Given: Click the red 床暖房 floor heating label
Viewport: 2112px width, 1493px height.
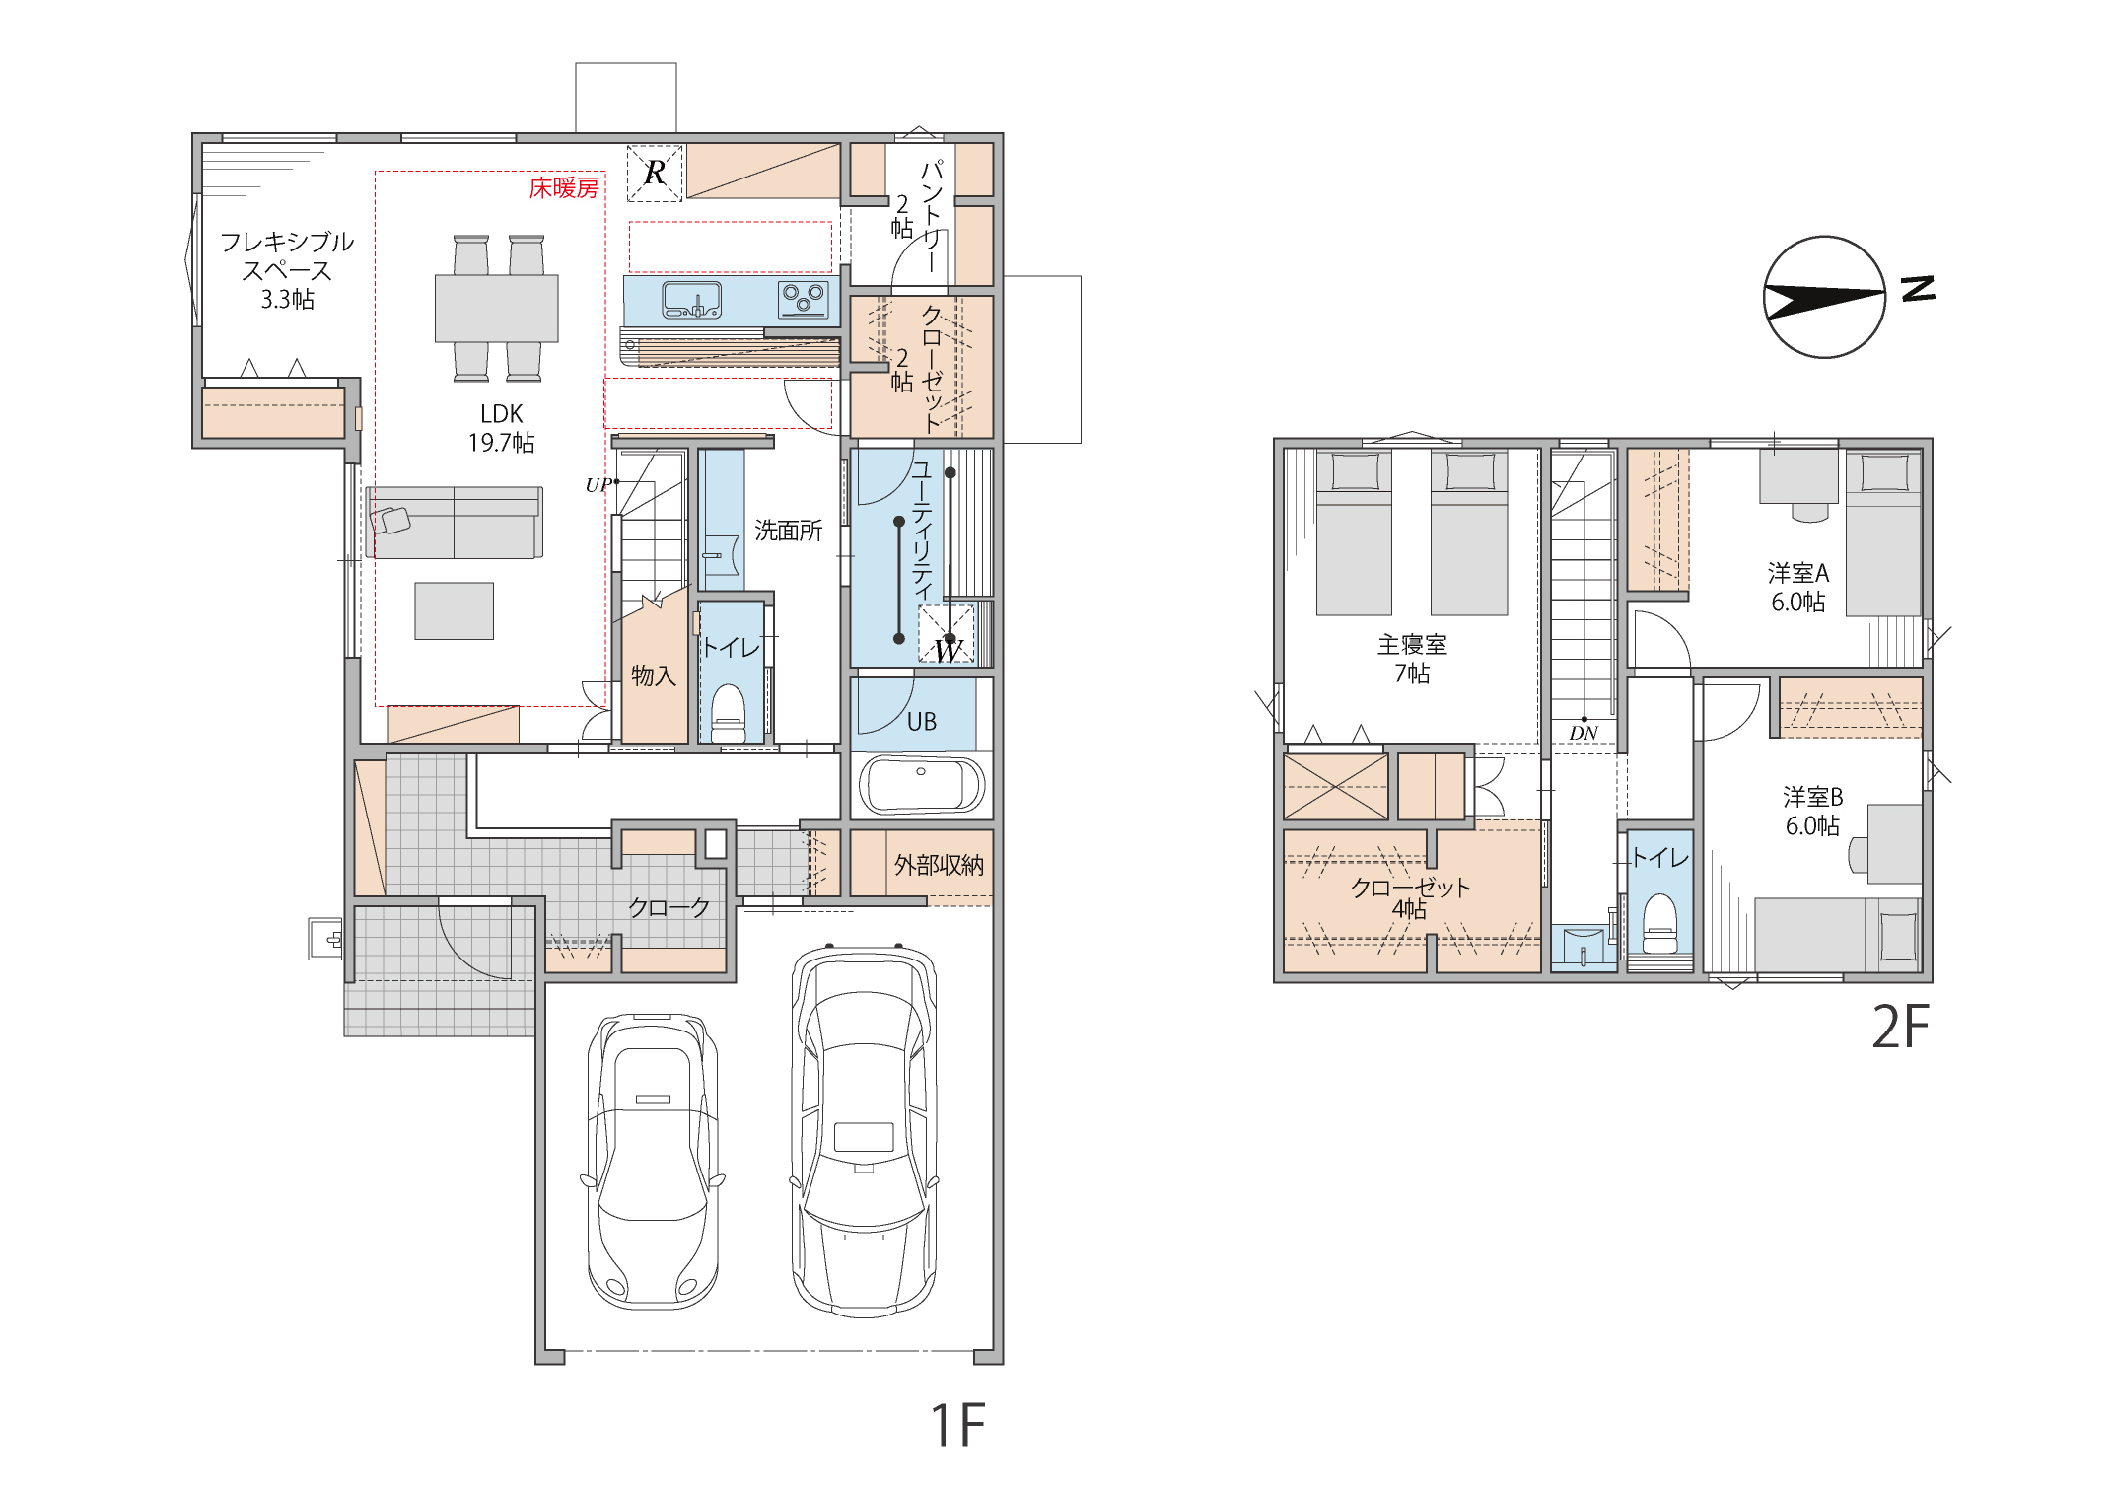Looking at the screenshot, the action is [x=564, y=188].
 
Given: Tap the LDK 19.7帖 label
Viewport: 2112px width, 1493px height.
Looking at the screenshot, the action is [x=502, y=428].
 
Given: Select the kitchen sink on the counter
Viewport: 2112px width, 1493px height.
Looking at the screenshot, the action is [x=691, y=300].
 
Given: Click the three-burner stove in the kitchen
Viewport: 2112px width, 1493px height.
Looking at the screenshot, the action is [x=804, y=298].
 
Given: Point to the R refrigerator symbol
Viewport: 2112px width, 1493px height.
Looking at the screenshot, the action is [x=655, y=173].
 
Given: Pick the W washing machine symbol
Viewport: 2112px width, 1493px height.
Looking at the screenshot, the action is [x=947, y=634].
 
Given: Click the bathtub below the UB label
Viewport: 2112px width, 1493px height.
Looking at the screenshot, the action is [x=922, y=785].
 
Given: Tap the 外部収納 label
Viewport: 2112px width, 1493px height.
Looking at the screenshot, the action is [x=939, y=865].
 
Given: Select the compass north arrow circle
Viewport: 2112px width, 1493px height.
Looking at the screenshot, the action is [x=1824, y=297].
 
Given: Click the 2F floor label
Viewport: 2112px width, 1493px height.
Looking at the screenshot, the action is [x=1900, y=1027].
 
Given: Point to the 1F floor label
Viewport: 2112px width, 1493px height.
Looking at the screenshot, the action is [x=957, y=1425].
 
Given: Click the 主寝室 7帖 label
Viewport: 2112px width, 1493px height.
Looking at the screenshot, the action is [x=1412, y=659].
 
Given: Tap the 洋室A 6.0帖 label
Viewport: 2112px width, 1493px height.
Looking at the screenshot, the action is [x=1798, y=588].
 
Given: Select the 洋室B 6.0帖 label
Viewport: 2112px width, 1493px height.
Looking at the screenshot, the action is [x=1812, y=811].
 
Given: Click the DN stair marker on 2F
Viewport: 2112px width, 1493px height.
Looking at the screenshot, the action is [x=1584, y=733].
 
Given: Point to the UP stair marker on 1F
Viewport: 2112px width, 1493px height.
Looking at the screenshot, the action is [x=598, y=485].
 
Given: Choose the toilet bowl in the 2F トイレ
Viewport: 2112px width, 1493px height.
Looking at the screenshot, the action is [x=1660, y=924].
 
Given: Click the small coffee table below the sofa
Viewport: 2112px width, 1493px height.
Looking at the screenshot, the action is [x=454, y=611].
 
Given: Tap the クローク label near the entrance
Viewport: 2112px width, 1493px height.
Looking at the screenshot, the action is [x=669, y=907].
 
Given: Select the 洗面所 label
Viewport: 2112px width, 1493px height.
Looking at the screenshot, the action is [x=788, y=531].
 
